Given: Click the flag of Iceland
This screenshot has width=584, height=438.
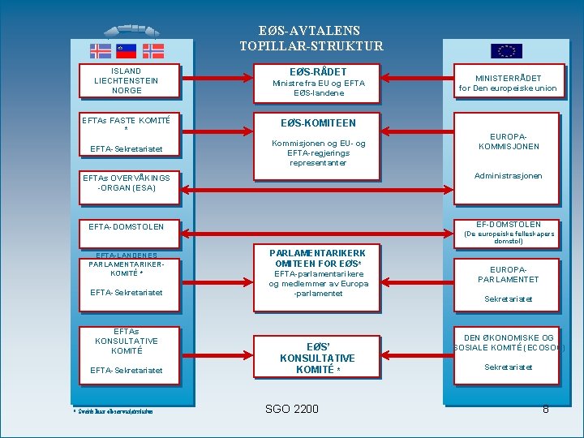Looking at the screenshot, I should pos(101,51).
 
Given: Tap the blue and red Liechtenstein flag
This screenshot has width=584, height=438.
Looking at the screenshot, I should pos(127,51).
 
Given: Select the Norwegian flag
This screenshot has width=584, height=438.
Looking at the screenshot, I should pos(153,51).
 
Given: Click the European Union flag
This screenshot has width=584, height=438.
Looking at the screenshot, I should pos(507,51).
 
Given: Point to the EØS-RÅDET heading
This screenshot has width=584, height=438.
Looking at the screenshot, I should pos(319,71).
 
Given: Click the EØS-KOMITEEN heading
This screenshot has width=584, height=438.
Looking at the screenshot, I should pos(318,123).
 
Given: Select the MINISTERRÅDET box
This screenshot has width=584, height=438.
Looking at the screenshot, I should pos(508,83).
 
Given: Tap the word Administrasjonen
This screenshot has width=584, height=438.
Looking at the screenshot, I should pos(508,176).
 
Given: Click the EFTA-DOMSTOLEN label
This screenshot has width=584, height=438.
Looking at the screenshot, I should pos(126,227).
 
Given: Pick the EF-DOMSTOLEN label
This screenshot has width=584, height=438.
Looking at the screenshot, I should pos(509,224).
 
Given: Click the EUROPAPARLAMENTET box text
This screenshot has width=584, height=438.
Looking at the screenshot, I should pos(509,274).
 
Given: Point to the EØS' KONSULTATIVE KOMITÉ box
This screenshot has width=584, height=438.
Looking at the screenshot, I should pos(317,358).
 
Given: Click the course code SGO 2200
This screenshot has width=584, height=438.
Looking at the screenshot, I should pos(292,409).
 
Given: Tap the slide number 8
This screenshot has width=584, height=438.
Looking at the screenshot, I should pos(546,409).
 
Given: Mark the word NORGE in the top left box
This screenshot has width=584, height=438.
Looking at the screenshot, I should pos(127,90).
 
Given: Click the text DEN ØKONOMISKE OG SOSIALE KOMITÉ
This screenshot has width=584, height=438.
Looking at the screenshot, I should pos(509,343).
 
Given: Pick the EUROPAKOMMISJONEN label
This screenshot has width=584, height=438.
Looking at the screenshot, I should pos(509,142).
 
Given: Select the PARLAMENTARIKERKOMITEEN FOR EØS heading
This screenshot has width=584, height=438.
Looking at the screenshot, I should pos(317,258).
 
